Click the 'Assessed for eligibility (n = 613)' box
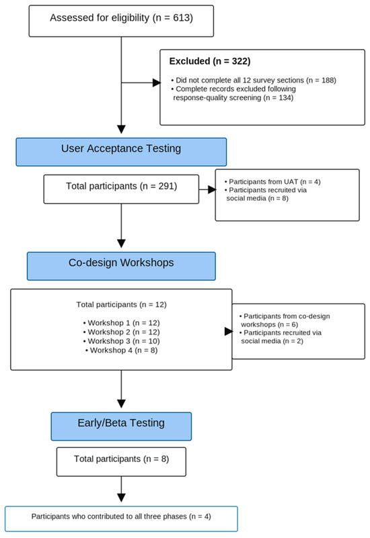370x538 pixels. pos(121,21)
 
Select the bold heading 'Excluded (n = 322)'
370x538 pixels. pos(210,61)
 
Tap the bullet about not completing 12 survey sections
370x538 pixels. pos(254,81)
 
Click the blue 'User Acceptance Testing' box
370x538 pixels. pos(121,152)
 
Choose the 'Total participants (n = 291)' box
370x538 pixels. pos(121,189)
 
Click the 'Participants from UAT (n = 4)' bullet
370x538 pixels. pos(272,182)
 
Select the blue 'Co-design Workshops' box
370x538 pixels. pos(121,266)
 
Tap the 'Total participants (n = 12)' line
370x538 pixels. pos(121,305)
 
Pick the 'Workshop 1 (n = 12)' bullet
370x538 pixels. pos(121,323)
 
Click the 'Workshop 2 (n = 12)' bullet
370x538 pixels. pos(121,332)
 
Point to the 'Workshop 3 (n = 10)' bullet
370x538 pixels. pos(121,341)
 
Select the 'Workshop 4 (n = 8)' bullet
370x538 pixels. pos(121,351)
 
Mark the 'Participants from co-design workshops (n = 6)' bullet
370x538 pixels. pos(285,320)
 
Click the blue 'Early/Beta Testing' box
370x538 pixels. pos(121,427)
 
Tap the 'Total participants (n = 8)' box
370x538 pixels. pos(121,462)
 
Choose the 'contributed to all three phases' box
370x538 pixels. pos(121,519)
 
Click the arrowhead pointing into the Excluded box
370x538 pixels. pos(157,83)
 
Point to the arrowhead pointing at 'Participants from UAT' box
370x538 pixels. pos(212,189)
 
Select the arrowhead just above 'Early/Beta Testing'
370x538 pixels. pos(121,404)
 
